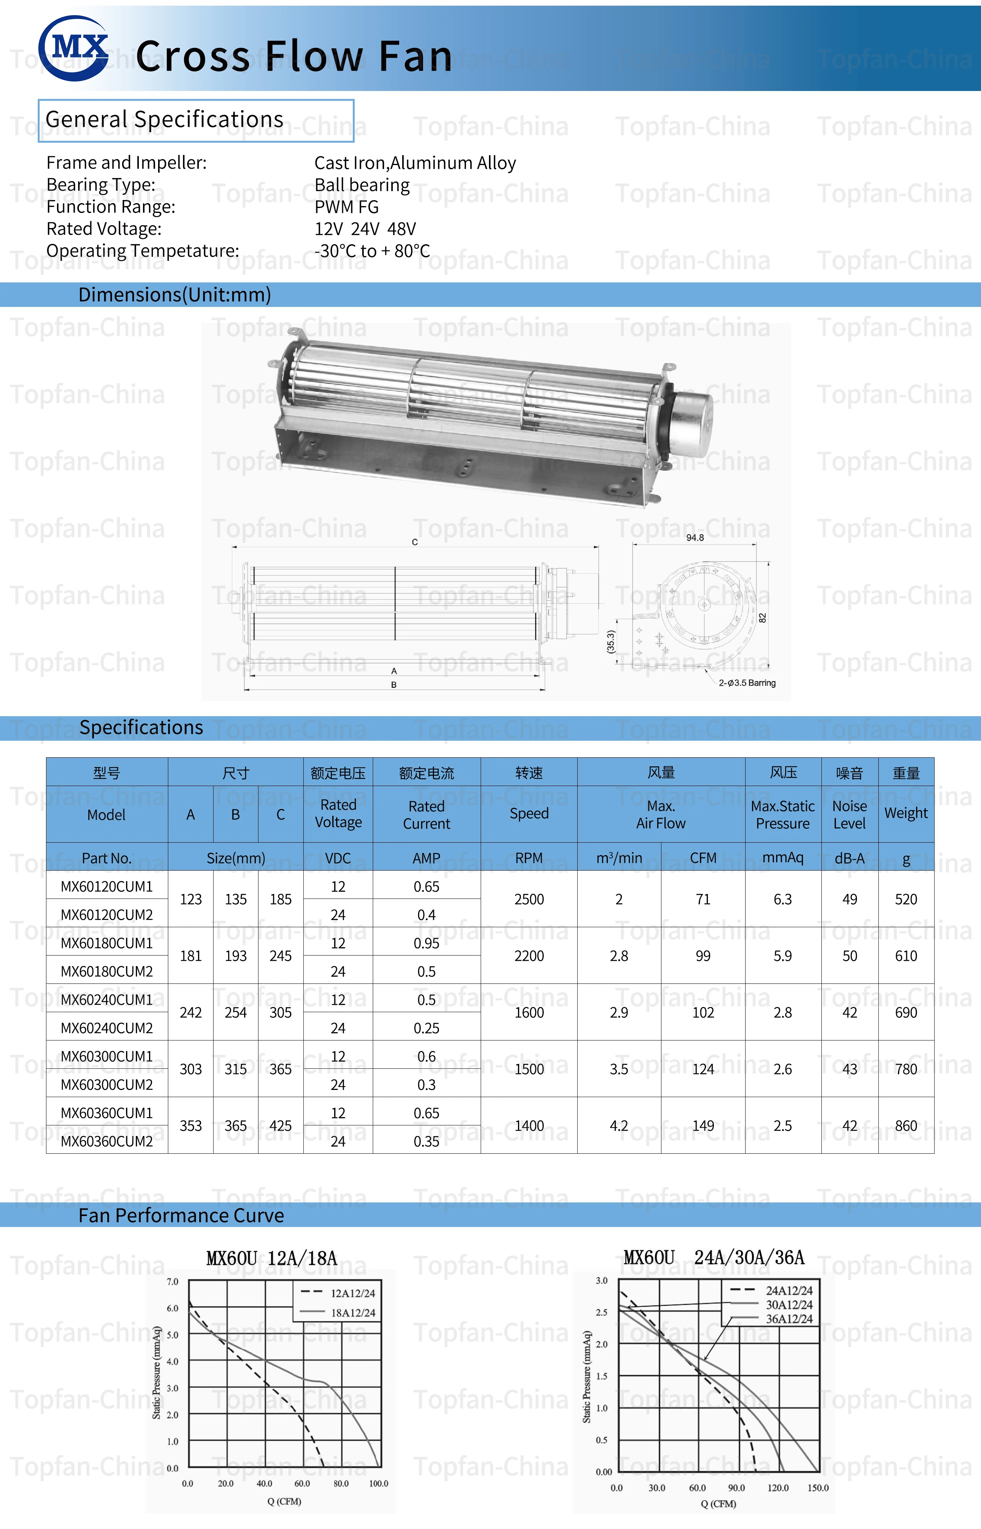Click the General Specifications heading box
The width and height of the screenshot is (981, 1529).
[195, 120]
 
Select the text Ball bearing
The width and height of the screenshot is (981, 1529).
[362, 185]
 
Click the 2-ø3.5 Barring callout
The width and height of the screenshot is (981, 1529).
[747, 683]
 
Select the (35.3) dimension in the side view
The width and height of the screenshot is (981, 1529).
[610, 642]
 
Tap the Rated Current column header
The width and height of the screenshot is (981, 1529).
[426, 815]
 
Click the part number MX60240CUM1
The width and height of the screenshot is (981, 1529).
[106, 999]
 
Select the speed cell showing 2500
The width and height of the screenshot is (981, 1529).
[529, 899]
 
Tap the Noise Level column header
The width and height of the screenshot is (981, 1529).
[849, 815]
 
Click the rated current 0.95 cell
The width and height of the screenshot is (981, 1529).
[426, 943]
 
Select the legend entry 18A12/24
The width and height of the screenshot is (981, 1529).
[352, 1312]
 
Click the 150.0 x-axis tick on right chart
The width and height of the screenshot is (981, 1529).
[818, 1487]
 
